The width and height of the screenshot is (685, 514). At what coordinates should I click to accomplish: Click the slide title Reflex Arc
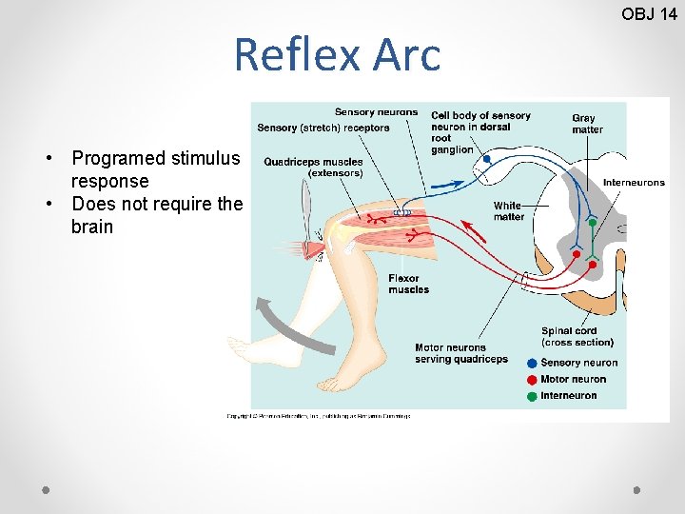coord(337,54)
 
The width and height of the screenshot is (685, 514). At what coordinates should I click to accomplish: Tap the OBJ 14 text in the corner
coord(649,13)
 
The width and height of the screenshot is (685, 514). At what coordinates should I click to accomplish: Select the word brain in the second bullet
coord(91,227)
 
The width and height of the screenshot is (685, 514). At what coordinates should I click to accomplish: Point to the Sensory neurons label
coord(376,112)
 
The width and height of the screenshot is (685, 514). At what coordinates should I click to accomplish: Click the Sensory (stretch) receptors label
coord(323,128)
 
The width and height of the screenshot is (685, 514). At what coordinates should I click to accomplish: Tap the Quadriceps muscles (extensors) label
coord(313,168)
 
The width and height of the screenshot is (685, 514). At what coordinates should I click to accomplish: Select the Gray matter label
coord(587,124)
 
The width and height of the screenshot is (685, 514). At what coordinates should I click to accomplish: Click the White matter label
coord(508,210)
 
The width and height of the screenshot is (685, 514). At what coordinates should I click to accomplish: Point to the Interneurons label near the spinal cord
coord(634,182)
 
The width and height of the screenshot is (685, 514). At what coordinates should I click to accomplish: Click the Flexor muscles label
coord(408,284)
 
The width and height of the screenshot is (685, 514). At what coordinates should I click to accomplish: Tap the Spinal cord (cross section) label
coord(577,337)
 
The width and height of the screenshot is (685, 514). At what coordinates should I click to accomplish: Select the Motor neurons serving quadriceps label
coord(461,353)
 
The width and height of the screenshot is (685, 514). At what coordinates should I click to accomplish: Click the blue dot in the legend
coord(532,363)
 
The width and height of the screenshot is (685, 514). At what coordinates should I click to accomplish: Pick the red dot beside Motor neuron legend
coord(532,379)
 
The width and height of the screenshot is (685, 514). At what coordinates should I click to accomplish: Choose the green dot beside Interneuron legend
coord(532,395)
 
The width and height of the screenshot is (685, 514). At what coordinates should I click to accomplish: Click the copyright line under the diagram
coord(318,416)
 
